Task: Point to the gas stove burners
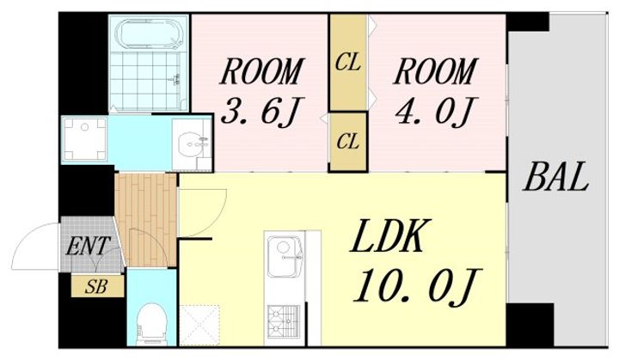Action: (284, 320)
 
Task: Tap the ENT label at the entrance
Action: (87, 247)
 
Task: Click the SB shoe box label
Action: (96, 287)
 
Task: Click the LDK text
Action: (389, 236)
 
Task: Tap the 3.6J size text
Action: (259, 112)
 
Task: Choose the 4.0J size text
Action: (434, 111)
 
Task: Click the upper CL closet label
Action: (348, 63)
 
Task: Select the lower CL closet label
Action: (348, 141)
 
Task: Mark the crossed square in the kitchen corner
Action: (199, 326)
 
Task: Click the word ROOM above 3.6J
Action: (261, 71)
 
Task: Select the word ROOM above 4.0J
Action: (435, 71)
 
